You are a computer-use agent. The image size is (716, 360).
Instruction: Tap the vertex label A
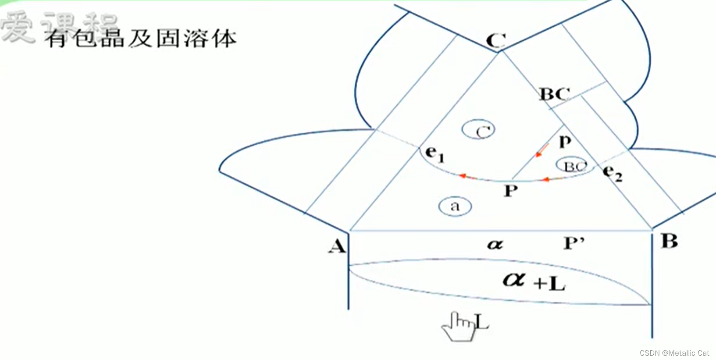point(337,246)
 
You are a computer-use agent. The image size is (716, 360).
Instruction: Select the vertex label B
point(669,241)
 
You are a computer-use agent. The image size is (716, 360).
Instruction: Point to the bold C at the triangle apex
point(496,41)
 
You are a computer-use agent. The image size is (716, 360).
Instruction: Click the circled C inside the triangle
point(478,130)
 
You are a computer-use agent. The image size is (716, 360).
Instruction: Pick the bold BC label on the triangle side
point(554,94)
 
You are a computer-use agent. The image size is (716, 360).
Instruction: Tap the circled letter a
point(455,206)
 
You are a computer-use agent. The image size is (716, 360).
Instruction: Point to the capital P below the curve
point(510,191)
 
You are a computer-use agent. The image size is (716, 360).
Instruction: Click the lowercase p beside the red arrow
point(565,141)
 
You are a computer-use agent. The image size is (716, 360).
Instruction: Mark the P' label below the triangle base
point(574,243)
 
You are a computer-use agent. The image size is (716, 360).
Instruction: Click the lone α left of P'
point(495,244)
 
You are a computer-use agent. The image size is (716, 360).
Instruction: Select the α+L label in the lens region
point(534,281)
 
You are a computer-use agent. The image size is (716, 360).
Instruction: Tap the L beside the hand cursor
point(482,322)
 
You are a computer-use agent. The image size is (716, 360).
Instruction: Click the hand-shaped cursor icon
point(459,326)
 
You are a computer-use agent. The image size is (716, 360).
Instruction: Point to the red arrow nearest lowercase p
point(542,150)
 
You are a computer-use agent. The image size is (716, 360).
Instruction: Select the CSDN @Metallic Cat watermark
point(674,353)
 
